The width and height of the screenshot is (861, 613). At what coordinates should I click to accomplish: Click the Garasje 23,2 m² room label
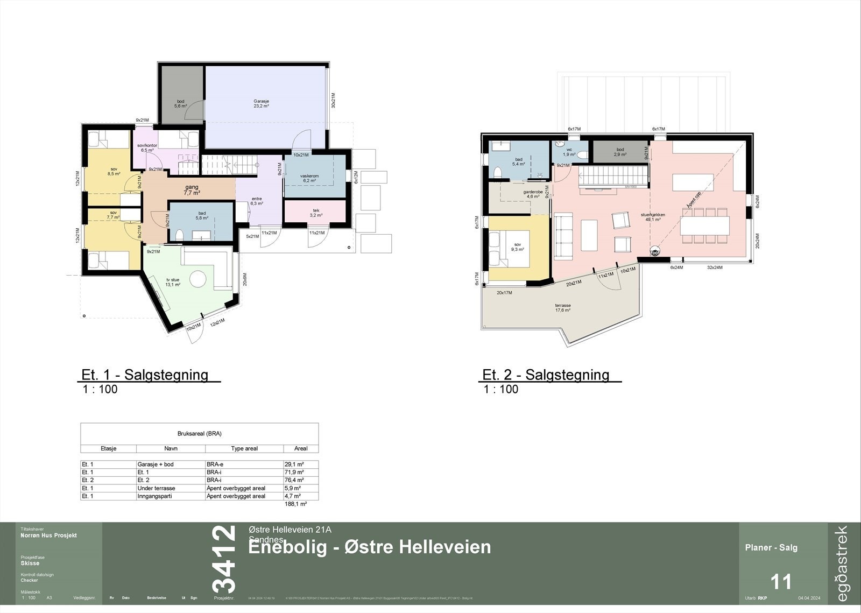click(x=261, y=103)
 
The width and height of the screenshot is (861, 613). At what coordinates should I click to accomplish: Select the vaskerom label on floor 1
click(x=309, y=178)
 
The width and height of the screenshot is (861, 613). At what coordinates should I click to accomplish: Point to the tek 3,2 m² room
click(x=316, y=213)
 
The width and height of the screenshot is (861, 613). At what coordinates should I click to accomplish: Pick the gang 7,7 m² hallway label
click(x=192, y=189)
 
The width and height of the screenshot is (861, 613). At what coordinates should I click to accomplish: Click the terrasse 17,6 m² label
click(x=563, y=308)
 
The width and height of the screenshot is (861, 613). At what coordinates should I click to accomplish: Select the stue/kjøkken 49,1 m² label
click(x=652, y=217)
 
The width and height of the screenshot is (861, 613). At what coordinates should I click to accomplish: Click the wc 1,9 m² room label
click(x=569, y=152)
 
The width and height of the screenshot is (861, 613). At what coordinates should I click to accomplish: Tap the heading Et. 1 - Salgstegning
click(x=145, y=375)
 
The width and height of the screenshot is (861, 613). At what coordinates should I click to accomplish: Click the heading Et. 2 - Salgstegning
click(x=546, y=375)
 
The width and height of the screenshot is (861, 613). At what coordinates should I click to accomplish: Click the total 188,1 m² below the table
click(x=295, y=504)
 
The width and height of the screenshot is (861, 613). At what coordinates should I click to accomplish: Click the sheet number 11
click(x=781, y=582)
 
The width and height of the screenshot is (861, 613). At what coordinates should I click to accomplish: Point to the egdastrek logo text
click(x=842, y=563)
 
